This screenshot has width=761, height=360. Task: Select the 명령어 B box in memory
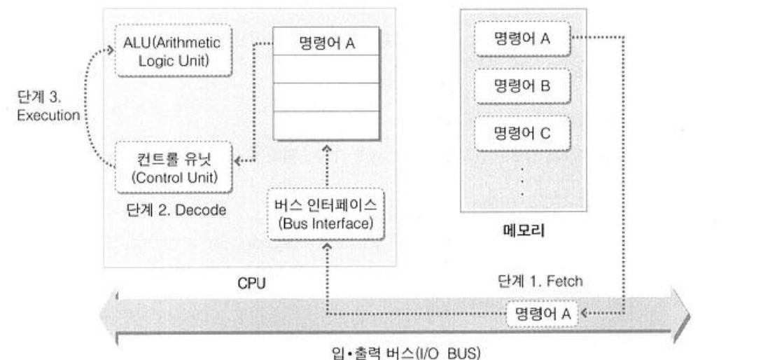tap(522, 87)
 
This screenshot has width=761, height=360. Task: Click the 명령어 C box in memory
tap(522, 133)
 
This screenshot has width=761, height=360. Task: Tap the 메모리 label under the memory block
tap(522, 228)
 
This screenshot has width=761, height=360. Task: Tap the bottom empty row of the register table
tap(327, 125)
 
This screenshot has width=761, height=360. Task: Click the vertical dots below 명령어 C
tap(522, 179)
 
